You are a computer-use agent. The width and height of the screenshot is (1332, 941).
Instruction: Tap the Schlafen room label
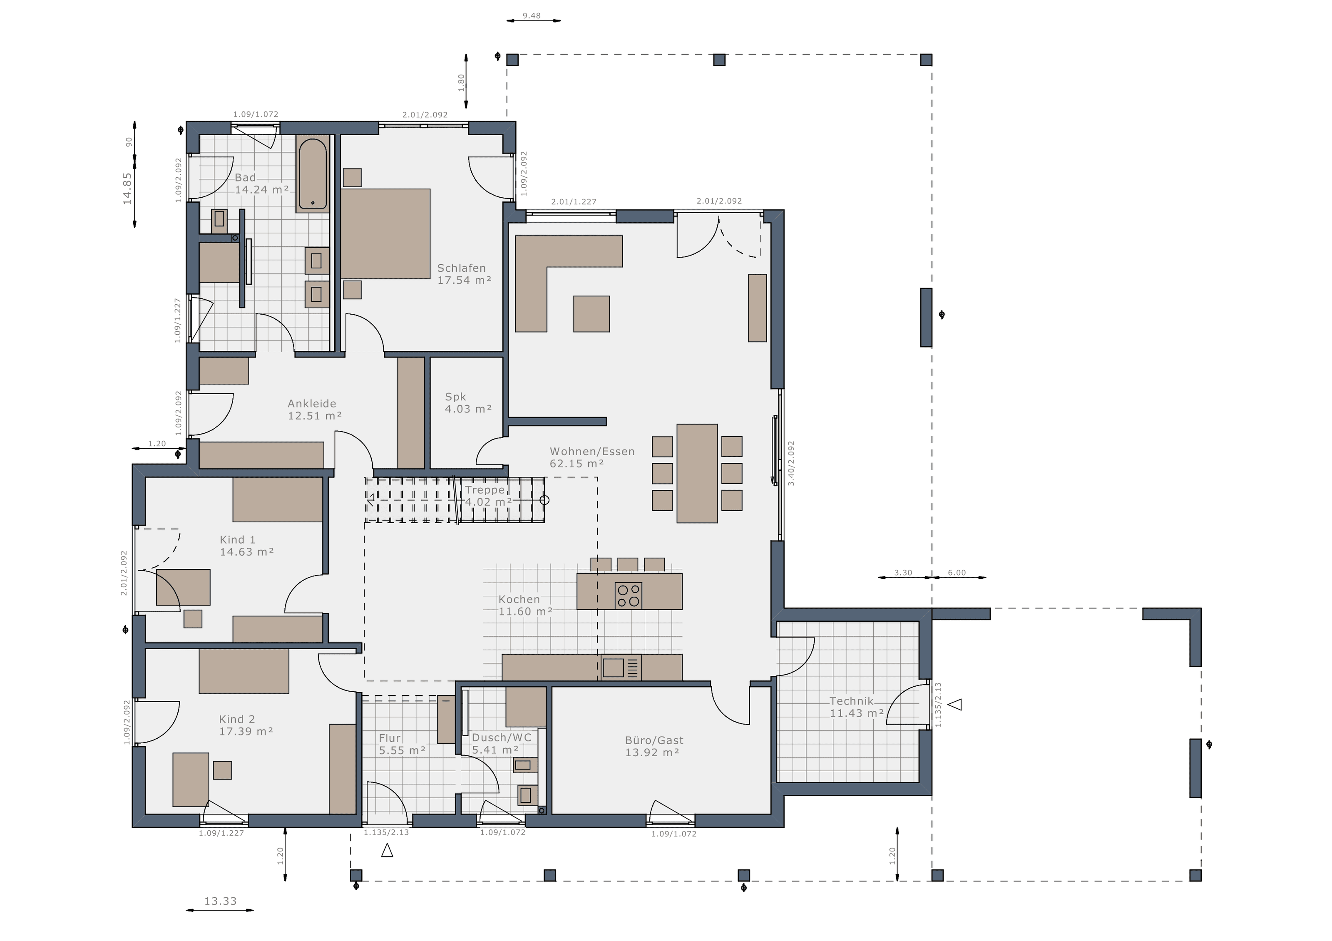[464, 274]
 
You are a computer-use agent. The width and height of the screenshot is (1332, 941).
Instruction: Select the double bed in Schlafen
[385, 234]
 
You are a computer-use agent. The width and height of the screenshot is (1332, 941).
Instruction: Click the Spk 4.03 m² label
[468, 402]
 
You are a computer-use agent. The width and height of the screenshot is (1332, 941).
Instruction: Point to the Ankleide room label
[314, 410]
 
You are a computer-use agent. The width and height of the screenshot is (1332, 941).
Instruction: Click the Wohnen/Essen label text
[592, 451]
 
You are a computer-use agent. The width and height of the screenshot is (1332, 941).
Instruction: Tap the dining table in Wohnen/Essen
[697, 473]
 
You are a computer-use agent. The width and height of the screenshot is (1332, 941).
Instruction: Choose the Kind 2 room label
[246, 725]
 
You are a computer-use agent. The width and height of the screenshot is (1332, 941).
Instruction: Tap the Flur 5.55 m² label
[402, 744]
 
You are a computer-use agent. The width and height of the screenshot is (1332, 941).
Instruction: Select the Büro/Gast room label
[654, 747]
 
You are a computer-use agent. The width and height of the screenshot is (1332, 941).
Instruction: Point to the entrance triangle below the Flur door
[387, 851]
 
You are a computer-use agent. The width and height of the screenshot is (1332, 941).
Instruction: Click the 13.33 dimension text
[221, 901]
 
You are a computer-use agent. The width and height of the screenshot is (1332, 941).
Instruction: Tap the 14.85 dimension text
[127, 189]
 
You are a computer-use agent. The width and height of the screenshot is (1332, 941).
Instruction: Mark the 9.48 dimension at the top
[532, 16]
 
